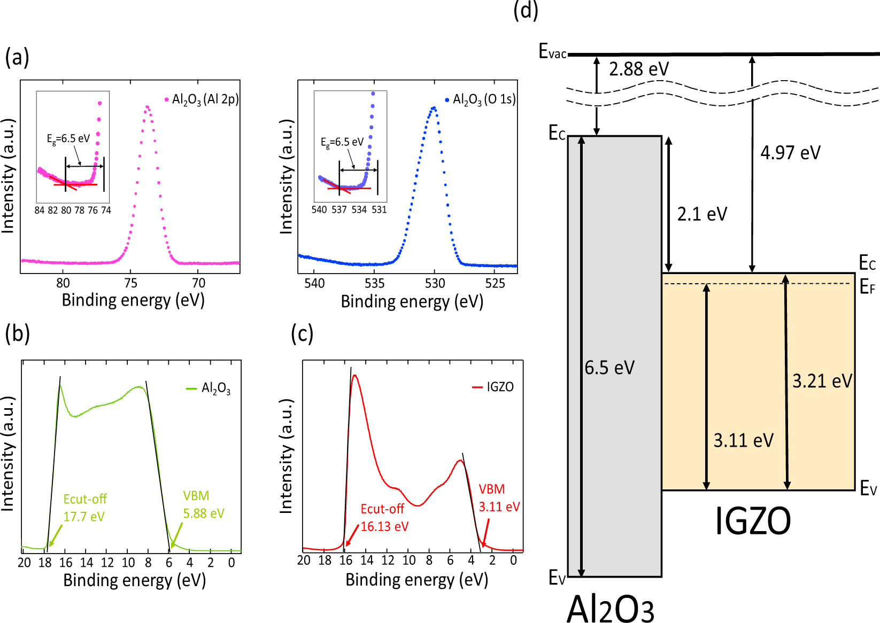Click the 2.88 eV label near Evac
coord(638,69)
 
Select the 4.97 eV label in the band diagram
coord(790,153)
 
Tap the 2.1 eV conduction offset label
coord(702,214)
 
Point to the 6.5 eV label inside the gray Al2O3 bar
coord(609,368)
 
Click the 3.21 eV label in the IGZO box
coord(822,381)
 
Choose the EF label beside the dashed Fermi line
coord(867,288)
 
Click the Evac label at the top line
coord(552,52)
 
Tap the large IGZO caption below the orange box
coord(752,521)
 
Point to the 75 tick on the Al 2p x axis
coord(130,283)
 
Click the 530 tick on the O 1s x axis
coord(435,284)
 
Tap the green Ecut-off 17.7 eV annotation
coord(84,508)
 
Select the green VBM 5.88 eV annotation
coord(203,504)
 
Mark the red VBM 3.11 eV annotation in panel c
coord(498,497)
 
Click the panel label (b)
coord(17,333)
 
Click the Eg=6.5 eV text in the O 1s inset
coord(342,142)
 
